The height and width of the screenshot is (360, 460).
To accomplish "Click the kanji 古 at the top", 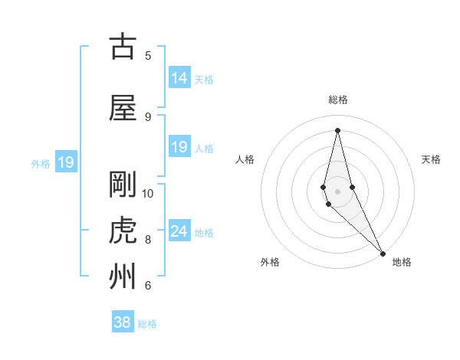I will (123, 47).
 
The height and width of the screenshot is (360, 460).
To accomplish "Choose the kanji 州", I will (123, 277).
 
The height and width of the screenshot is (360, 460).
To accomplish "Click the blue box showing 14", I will (179, 78).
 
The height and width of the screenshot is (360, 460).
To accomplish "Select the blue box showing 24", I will (179, 231).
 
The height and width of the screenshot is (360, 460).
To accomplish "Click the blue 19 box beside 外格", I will (66, 162).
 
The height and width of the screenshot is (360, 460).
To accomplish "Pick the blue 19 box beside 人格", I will (179, 147).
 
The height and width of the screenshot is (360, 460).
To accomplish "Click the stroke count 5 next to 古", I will (148, 55).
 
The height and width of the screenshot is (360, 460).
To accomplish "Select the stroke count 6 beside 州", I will (148, 285).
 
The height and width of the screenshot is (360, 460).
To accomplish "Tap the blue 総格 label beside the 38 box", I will (147, 324).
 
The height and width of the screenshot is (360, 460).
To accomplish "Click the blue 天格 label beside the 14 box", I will (204, 79).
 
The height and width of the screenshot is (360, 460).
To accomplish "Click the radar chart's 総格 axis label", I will (337, 100).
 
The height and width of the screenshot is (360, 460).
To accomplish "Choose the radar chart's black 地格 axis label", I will (402, 262).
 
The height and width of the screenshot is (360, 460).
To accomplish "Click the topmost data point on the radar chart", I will (337, 129).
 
